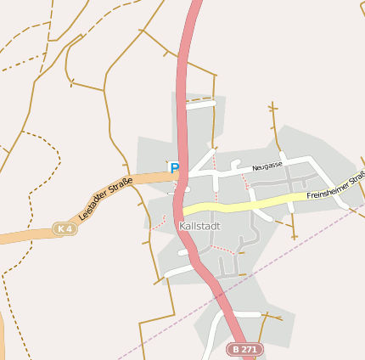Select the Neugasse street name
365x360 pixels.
pos(267,166)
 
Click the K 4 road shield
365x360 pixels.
pos(64,229)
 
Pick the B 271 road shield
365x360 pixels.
pos(245,349)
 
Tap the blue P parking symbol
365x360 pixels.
pos(175,168)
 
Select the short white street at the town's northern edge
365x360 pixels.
pos(201,106)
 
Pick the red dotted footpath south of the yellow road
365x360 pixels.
pos(222,248)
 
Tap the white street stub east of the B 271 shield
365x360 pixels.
pos(246,313)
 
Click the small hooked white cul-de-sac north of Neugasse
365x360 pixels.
pos(235,163)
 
